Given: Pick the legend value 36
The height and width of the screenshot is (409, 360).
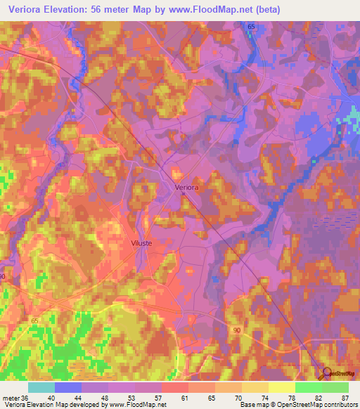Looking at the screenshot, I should tap(27, 397).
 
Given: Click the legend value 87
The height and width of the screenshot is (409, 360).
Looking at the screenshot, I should tap(345, 397).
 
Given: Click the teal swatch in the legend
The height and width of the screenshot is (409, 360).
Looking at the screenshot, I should tap(41, 387).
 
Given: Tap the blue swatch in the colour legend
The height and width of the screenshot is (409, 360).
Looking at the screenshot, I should tap(68, 387).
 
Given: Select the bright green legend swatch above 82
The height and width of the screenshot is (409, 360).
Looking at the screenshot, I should tap(308, 387).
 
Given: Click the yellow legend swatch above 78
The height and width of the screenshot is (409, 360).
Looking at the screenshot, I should tap(281, 387).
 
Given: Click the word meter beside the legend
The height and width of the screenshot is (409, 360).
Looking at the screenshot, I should tap(11, 397).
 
